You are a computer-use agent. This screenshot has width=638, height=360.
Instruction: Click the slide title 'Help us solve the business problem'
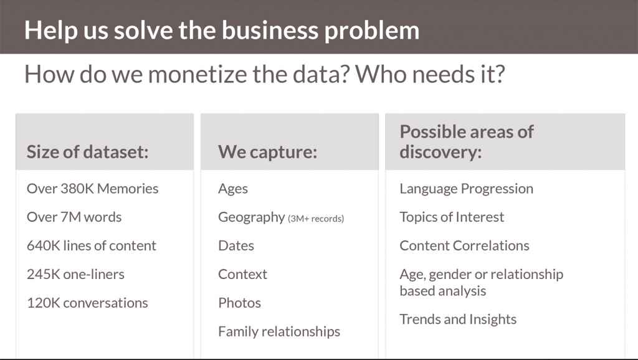[222, 31]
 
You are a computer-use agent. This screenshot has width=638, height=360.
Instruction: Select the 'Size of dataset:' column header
[87, 152]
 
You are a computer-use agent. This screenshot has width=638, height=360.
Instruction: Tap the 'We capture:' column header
[267, 152]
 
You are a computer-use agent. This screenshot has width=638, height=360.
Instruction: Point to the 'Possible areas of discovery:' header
[466, 141]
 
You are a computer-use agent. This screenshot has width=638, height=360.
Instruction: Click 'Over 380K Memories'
[92, 188]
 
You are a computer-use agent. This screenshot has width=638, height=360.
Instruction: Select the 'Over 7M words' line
[74, 217]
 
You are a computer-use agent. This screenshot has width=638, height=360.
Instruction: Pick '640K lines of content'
[92, 245]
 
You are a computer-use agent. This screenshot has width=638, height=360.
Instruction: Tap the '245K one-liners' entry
[75, 274]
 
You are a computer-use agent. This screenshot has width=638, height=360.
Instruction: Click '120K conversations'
[87, 303]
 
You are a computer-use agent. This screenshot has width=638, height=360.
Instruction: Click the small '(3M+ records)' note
[316, 219]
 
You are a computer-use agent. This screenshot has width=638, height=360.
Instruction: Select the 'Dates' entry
[236, 245]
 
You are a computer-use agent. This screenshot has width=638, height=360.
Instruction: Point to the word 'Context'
[242, 274]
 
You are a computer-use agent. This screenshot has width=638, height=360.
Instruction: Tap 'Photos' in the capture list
[239, 303]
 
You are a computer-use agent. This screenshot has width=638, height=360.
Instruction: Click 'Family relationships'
[279, 331]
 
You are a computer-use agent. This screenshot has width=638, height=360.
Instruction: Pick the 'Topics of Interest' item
[452, 217]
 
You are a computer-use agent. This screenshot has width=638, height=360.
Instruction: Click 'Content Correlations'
[464, 245]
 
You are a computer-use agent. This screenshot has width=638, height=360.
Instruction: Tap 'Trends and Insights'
[458, 320]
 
